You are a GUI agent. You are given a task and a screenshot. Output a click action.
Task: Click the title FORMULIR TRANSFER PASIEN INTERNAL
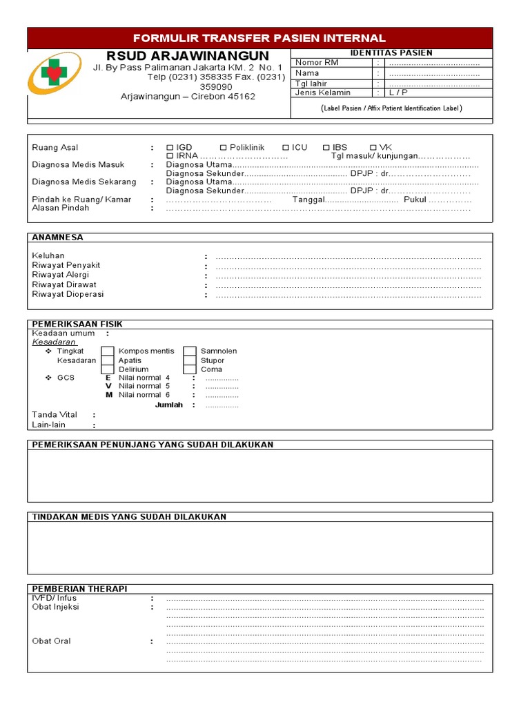[259, 38]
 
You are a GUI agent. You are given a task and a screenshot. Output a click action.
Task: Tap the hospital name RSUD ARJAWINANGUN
[188, 55]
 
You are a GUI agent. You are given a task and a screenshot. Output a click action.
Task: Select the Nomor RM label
[317, 63]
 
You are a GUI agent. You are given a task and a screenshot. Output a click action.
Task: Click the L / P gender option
[397, 93]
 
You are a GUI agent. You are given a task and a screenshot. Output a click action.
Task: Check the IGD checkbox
[170, 148]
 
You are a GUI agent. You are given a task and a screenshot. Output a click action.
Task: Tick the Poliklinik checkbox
[223, 148]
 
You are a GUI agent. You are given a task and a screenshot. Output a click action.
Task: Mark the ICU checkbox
[286, 148]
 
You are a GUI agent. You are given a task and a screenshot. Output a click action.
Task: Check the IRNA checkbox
[170, 157]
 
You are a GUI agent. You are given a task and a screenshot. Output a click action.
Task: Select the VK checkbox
[373, 148]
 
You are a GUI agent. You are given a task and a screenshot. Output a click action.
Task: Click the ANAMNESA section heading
[58, 238]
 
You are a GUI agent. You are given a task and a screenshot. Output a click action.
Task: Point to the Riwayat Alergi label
[61, 275]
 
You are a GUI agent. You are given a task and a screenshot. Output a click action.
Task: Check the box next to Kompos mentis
[108, 351]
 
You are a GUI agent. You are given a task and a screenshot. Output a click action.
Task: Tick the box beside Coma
[190, 369]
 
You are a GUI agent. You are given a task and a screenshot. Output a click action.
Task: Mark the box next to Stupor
[190, 360]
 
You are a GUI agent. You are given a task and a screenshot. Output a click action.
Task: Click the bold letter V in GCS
[108, 387]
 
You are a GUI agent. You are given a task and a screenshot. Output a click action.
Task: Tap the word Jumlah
[169, 405]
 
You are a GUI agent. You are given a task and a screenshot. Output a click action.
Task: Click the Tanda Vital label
[55, 415]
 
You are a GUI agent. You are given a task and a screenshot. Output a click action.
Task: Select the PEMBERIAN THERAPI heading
[79, 589]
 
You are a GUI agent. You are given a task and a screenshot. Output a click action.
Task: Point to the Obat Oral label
[52, 641]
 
